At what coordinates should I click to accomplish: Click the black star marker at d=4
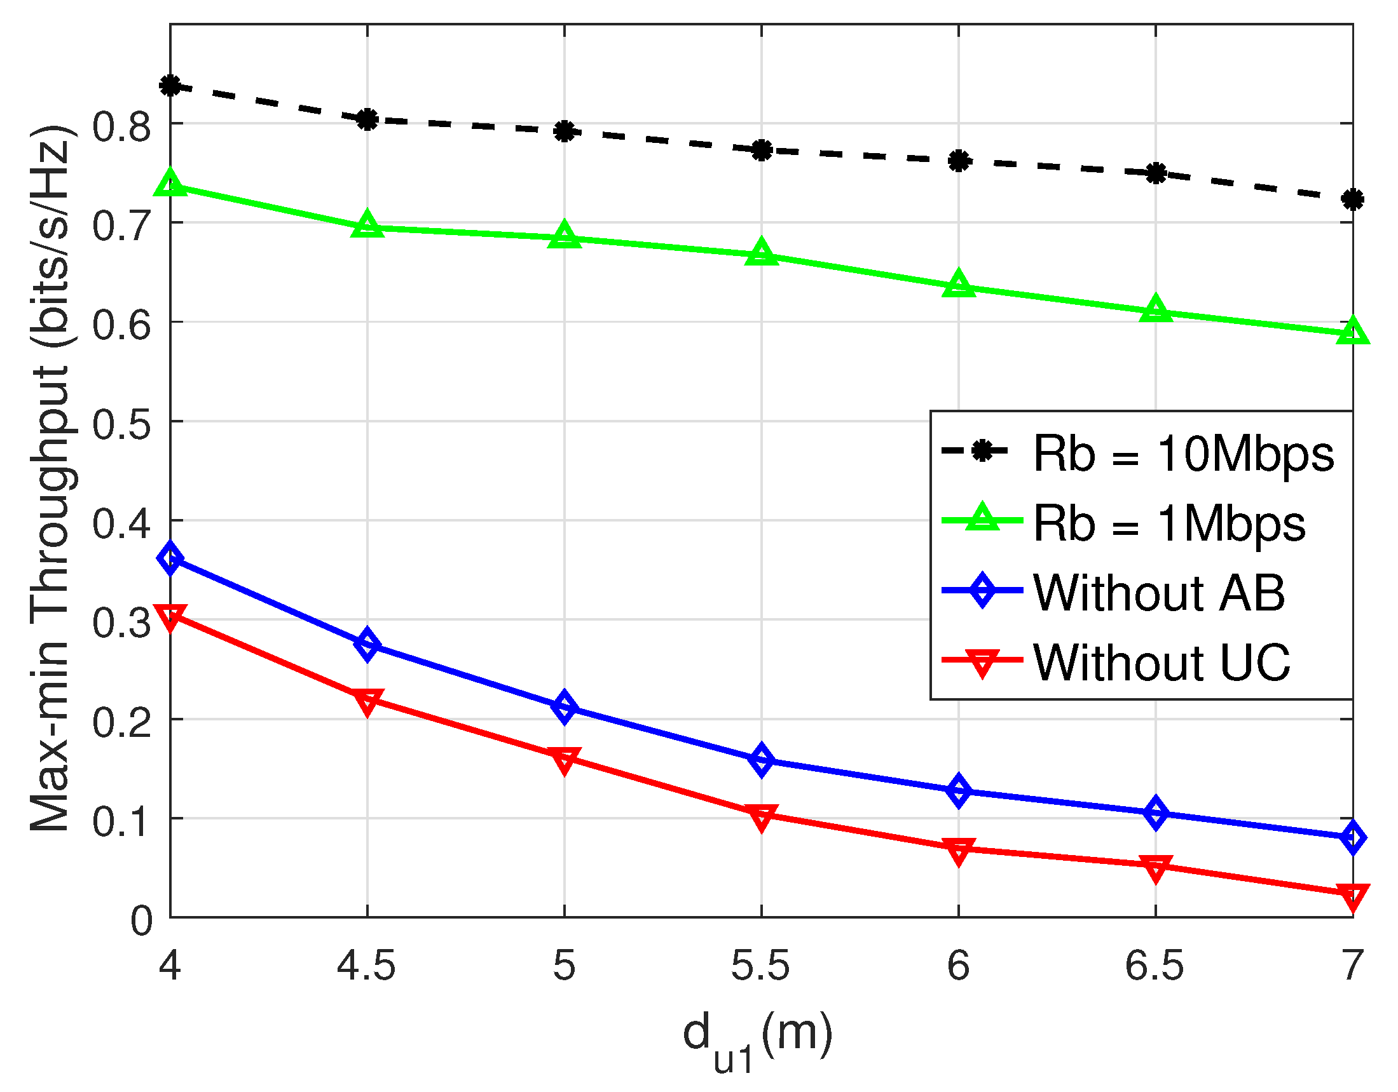pos(170,85)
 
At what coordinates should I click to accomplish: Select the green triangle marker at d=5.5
pos(762,253)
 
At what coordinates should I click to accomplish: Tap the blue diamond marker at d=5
pos(565,707)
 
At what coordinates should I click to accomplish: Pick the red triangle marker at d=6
pos(959,851)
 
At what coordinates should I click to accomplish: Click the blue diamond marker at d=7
pos(1353,838)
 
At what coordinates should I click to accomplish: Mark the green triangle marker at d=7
pos(1353,332)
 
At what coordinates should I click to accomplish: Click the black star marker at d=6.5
pos(1156,173)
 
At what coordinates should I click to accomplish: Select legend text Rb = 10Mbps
pos(1184,455)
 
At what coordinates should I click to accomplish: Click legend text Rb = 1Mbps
pos(1169,524)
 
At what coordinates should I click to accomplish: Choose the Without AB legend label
pos(1158,593)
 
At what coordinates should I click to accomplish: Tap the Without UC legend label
pos(1161,662)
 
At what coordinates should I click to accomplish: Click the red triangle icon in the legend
pos(982,663)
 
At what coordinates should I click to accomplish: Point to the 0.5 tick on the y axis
pos(121,422)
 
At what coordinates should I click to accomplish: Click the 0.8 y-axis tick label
pos(121,124)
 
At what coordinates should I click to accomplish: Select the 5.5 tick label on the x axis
pos(760,966)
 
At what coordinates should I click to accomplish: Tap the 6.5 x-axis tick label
pos(1155,966)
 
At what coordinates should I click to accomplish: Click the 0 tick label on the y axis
pos(142,922)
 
